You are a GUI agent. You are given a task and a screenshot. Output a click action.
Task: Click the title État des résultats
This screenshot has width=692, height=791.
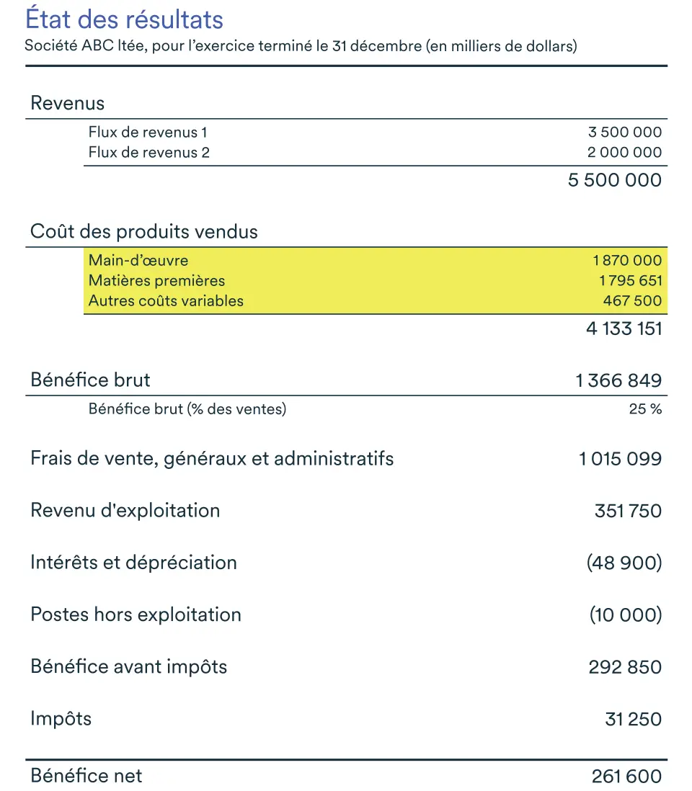coord(125,19)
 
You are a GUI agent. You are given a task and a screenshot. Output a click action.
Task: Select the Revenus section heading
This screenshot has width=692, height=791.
coord(67,103)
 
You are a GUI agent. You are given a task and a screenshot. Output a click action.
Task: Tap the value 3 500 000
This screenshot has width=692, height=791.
coord(625,133)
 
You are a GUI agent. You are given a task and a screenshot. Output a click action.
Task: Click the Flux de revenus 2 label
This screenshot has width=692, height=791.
coord(148,153)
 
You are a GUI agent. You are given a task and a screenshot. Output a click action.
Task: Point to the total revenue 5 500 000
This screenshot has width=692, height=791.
coord(614,180)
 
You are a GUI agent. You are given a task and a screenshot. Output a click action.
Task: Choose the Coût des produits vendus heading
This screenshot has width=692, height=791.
coord(144,232)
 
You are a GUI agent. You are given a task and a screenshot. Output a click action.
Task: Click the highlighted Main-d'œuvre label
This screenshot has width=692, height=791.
coord(138,261)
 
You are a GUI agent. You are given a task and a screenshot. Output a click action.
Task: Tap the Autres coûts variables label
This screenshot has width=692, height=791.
coord(166,301)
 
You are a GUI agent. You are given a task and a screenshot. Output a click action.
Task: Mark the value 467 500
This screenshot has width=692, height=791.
coord(632,301)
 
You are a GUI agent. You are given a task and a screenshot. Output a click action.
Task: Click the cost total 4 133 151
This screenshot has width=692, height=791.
coord(624,329)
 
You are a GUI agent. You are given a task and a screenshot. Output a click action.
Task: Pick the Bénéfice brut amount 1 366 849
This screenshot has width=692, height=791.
coord(618,380)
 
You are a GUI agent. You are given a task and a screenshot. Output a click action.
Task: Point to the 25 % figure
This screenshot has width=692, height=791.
coord(645,410)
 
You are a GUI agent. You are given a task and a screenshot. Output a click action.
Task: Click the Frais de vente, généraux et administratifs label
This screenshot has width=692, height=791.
coord(212,458)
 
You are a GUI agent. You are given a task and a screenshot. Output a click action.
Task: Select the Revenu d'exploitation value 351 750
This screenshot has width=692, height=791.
coord(628,511)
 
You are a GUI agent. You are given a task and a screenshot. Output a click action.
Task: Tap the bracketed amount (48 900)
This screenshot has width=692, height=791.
coord(624,563)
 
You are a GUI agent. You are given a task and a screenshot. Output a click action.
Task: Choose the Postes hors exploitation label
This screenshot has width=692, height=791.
coord(136,615)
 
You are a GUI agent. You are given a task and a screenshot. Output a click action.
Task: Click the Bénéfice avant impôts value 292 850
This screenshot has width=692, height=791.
coord(625,667)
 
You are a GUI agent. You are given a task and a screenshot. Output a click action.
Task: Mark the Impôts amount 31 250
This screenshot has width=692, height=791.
coord(633,719)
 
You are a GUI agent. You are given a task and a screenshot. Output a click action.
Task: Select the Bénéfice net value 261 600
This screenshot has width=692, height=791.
coord(626,776)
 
